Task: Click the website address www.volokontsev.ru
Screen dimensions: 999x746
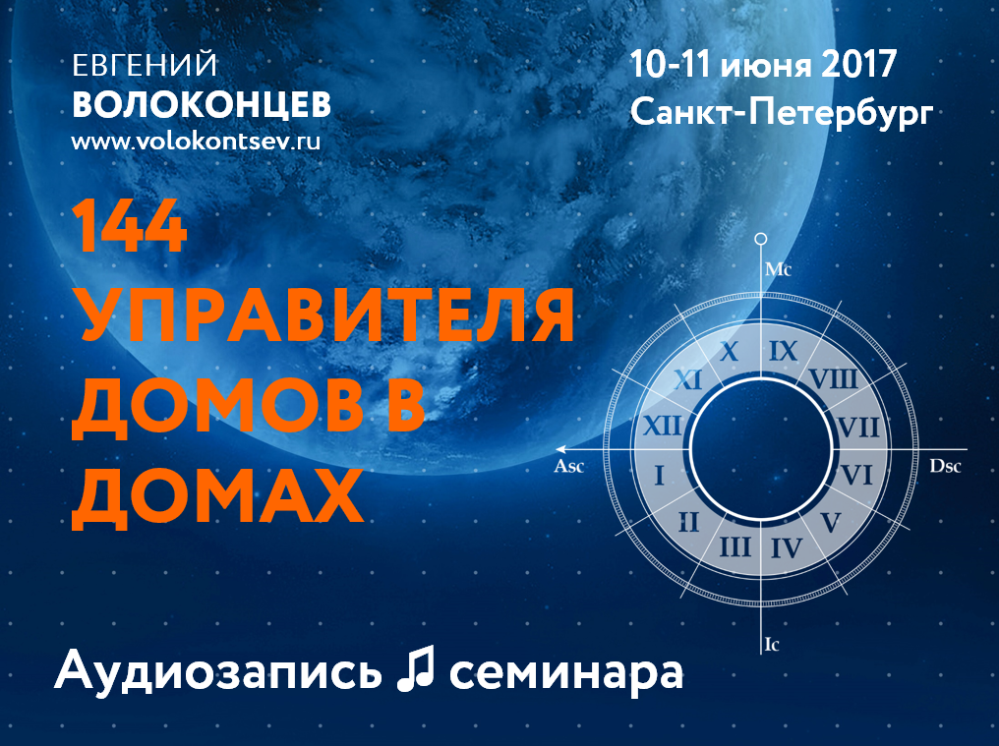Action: point(196,141)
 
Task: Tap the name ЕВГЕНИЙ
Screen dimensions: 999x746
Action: point(145,66)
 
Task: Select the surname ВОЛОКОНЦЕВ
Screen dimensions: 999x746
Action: point(202,104)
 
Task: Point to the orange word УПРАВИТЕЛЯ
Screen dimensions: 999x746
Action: point(323,316)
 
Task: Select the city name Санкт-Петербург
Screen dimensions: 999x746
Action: point(782,113)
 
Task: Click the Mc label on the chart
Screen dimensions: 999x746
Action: point(778,269)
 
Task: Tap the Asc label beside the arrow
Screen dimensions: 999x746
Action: point(569,466)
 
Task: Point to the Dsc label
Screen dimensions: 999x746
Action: point(945,466)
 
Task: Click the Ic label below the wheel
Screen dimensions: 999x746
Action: point(772,645)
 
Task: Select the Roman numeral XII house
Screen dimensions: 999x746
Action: point(663,426)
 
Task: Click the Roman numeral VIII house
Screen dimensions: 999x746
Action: point(834,379)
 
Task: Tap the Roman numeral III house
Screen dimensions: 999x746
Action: point(735,546)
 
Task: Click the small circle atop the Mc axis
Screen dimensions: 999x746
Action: point(761,240)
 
